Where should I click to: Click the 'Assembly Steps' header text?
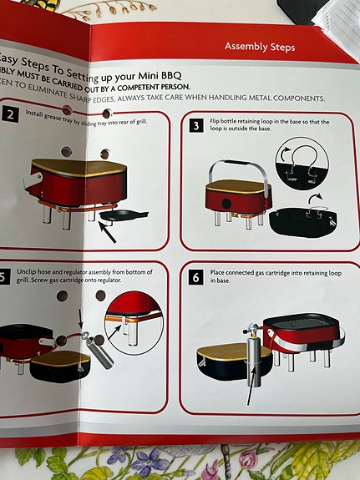(259, 47)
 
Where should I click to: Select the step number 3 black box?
(195, 126)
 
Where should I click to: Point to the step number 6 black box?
(195, 276)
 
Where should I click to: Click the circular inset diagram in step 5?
(134, 321)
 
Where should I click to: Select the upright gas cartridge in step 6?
(256, 361)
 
